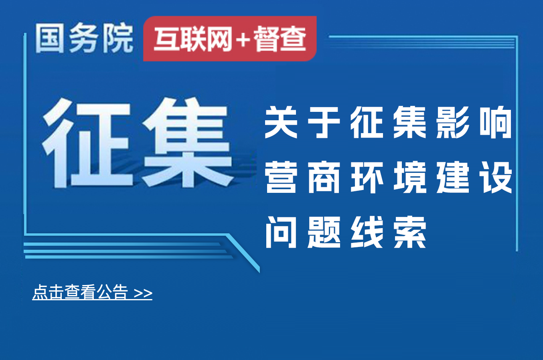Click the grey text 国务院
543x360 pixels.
pyautogui.click(x=84, y=38)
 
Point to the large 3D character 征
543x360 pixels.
pyautogui.click(x=87, y=143)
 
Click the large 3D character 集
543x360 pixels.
pyautogui.click(x=188, y=142)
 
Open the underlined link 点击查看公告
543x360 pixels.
pyautogui.click(x=80, y=292)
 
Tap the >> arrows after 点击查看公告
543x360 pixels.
pyautogui.click(x=143, y=293)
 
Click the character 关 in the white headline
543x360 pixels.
pyautogui.click(x=281, y=122)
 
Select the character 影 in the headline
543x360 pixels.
pyautogui.click(x=452, y=122)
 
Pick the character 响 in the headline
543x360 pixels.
pyautogui.click(x=496, y=122)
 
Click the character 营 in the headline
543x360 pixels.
pyautogui.click(x=281, y=177)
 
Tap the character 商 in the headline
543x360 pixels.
pyautogui.click(x=324, y=177)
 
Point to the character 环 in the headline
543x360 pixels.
pyautogui.click(x=367, y=177)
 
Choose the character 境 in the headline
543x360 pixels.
pyautogui.click(x=410, y=177)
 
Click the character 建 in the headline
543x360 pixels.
pyautogui.click(x=452, y=177)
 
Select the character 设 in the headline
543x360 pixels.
pyautogui.click(x=496, y=177)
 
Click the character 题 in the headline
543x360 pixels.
pyautogui.click(x=324, y=232)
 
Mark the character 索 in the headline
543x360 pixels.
pyautogui.click(x=410, y=232)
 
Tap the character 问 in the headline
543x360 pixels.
pyautogui.click(x=281, y=232)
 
